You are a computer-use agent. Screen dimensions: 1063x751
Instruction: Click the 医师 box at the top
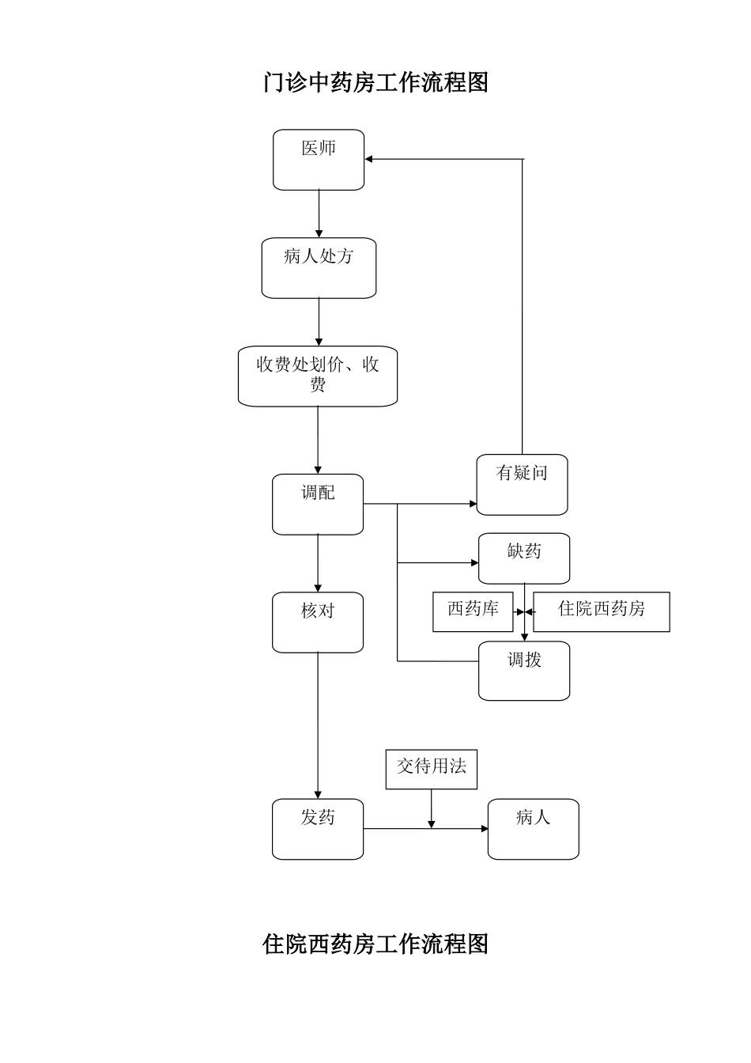(x=319, y=160)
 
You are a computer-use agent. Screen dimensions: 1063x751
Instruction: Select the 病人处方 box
(x=319, y=268)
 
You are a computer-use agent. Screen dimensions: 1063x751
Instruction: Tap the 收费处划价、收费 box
(x=318, y=376)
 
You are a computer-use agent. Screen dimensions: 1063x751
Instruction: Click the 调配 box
(x=318, y=504)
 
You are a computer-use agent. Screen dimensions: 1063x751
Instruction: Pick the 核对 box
(x=318, y=622)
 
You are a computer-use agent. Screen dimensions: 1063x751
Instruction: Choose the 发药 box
(x=318, y=829)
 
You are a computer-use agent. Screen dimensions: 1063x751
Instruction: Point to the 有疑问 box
(x=522, y=484)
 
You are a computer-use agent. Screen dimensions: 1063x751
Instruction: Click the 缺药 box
(x=523, y=558)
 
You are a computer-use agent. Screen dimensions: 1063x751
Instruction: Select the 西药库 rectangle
(x=473, y=611)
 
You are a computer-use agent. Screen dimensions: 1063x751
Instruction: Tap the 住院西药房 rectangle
(x=601, y=611)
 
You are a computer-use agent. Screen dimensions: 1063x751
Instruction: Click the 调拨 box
(x=523, y=671)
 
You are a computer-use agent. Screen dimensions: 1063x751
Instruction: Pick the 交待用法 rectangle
(x=431, y=769)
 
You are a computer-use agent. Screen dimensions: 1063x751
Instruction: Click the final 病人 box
(x=533, y=829)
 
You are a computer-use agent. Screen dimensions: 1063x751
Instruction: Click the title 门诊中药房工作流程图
(x=375, y=82)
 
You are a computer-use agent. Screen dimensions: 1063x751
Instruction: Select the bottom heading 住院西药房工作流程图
(x=375, y=944)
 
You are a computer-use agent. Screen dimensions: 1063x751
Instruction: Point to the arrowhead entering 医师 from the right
(x=369, y=160)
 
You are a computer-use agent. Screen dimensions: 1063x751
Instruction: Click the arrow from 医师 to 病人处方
(x=319, y=214)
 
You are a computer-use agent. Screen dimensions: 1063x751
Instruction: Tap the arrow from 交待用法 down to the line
(x=432, y=809)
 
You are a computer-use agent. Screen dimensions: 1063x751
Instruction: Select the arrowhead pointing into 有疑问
(x=473, y=503)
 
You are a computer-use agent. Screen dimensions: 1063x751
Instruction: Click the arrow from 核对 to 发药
(x=318, y=724)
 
